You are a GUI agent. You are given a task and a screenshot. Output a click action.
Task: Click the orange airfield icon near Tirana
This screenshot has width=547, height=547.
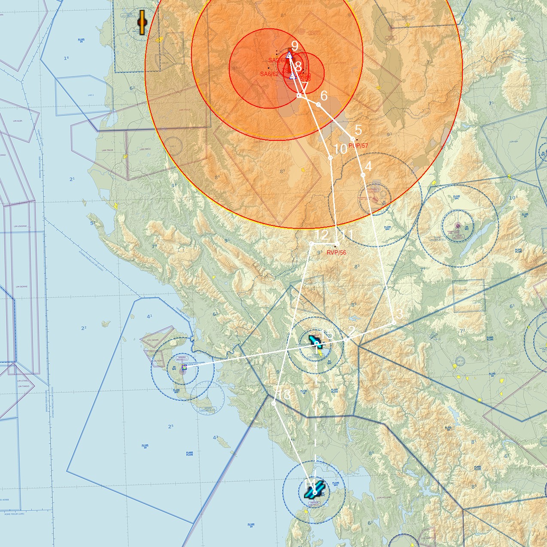pos(142,22)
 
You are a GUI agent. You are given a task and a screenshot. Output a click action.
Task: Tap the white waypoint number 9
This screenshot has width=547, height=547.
pos(295,46)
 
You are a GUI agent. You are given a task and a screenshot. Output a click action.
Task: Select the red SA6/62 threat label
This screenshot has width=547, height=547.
pos(269,74)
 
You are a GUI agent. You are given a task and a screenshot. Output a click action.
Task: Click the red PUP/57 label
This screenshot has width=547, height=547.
pos(358,146)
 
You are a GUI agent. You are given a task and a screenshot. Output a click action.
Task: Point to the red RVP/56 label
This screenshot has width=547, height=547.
pos(336,252)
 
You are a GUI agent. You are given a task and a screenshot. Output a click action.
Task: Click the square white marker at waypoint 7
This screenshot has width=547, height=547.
pos(299,95)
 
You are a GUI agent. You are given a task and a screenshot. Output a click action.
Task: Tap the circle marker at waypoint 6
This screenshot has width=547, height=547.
pos(318,104)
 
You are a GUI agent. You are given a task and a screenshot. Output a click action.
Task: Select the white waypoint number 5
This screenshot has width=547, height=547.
pos(358,130)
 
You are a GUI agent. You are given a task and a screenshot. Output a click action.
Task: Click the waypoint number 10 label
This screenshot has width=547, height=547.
pos(340,149)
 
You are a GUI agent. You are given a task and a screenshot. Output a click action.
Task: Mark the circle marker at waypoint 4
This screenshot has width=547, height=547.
pos(363,175)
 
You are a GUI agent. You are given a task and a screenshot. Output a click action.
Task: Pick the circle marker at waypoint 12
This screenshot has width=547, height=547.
pos(311,244)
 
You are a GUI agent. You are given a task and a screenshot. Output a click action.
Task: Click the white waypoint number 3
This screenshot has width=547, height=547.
pos(399,314)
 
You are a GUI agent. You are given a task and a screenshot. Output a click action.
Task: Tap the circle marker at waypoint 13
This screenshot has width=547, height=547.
pos(274,403)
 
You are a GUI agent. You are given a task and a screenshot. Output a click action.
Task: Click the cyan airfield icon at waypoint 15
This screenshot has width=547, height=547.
pos(315,341)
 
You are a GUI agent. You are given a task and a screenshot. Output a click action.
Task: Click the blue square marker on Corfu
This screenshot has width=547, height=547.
pos(184,367)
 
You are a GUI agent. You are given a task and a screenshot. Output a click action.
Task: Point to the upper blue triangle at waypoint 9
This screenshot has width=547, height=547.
pos(289,55)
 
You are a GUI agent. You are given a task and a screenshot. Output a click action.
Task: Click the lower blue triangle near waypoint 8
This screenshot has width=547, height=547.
pos(292,76)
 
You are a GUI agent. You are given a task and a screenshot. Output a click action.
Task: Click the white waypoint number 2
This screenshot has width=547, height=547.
pos(351,331)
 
